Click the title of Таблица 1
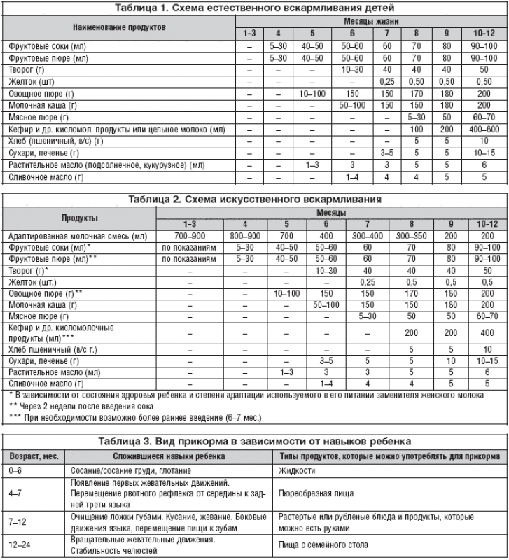point(254,8)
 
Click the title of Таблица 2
point(254,199)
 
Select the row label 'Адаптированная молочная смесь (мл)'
point(76,237)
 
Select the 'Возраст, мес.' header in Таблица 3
point(33,456)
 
